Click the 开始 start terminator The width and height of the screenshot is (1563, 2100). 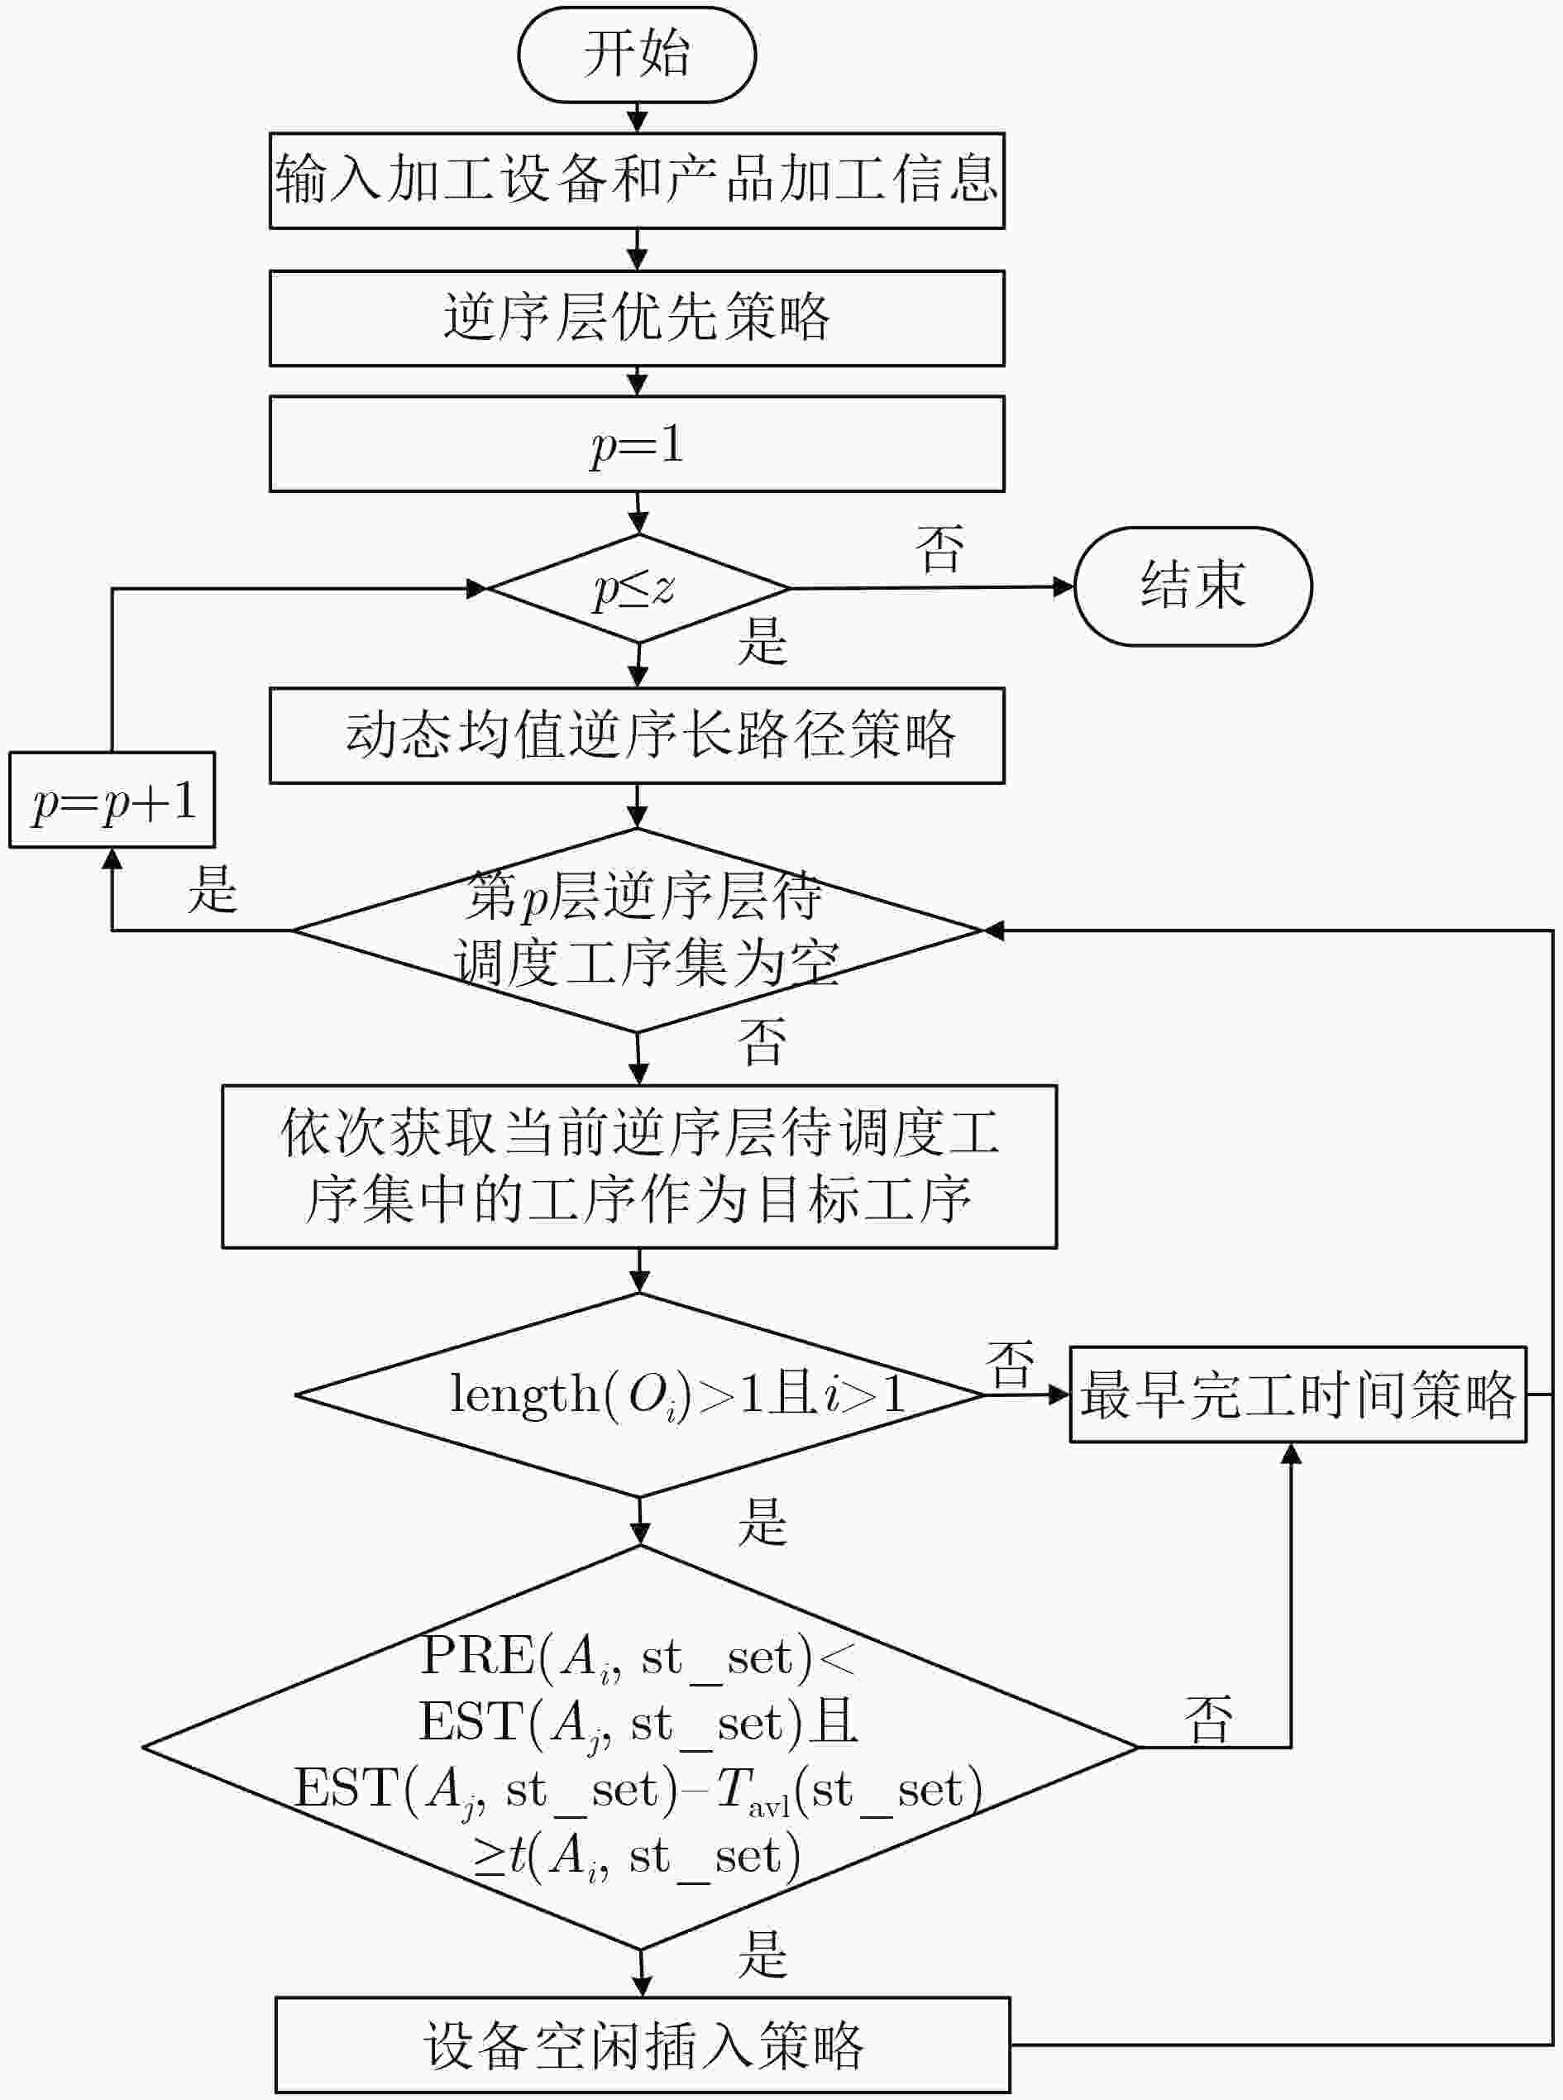pyautogui.click(x=637, y=54)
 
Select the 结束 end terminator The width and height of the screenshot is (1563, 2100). pyautogui.click(x=1193, y=586)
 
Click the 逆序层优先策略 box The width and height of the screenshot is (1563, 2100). pyautogui.click(x=637, y=318)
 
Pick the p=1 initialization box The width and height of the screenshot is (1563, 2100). pyautogui.click(x=637, y=444)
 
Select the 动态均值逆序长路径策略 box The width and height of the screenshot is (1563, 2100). pyautogui.click(x=637, y=735)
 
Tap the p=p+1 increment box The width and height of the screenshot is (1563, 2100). pyautogui.click(x=112, y=800)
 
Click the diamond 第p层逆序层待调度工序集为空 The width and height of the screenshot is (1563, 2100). pyautogui.click(x=638, y=930)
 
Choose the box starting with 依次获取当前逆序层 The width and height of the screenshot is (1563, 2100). pyautogui.click(x=638, y=1166)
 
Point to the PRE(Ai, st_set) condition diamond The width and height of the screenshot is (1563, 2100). pyautogui.click(x=639, y=1748)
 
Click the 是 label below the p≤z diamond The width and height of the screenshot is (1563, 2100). pyautogui.click(x=762, y=641)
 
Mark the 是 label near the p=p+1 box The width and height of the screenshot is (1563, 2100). pyautogui.click(x=212, y=890)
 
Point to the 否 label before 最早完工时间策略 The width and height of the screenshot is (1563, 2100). pyautogui.click(x=1011, y=1365)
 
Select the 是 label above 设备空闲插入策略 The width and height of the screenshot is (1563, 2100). pyautogui.click(x=762, y=1954)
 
